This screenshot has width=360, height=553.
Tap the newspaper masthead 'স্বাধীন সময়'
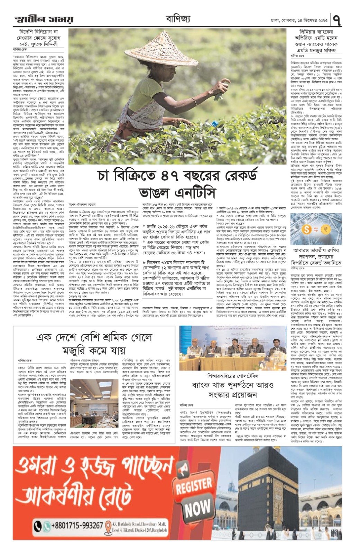click(44, 19)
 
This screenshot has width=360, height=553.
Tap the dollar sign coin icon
click(306, 229)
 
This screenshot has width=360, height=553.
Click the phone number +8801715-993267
click(77, 526)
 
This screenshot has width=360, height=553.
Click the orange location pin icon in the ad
click(108, 527)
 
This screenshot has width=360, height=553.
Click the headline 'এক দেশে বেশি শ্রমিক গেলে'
click(94, 337)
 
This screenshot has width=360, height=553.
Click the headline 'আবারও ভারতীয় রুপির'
click(316, 250)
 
